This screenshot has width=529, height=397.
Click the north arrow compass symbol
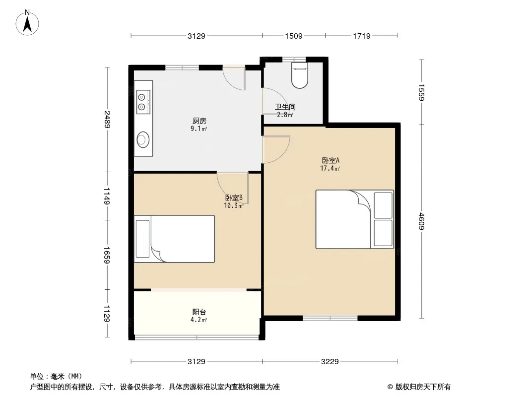pos(27,23)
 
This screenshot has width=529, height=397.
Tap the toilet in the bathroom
pos(299,75)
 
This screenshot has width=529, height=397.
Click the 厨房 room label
pos(199,121)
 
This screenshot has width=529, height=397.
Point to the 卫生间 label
pos(285,107)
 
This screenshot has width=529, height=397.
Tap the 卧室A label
pos(331,160)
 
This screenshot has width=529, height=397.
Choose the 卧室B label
pos(234,198)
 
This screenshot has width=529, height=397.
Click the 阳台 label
pos(199,312)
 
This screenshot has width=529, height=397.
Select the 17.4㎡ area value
pos(330,168)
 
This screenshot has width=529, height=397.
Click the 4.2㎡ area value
pos(198,320)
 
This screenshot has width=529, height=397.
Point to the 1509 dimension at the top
pos(294,36)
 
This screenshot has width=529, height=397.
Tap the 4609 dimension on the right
pos(421,221)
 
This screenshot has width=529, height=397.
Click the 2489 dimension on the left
pos(107,120)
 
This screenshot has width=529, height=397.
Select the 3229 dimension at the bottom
pos(330,362)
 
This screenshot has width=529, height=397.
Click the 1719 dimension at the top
pos(362,36)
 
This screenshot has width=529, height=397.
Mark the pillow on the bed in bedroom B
pos(142,239)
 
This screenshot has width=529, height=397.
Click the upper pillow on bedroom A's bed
pos(383,205)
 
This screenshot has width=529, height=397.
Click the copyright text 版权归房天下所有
pos(423,387)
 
